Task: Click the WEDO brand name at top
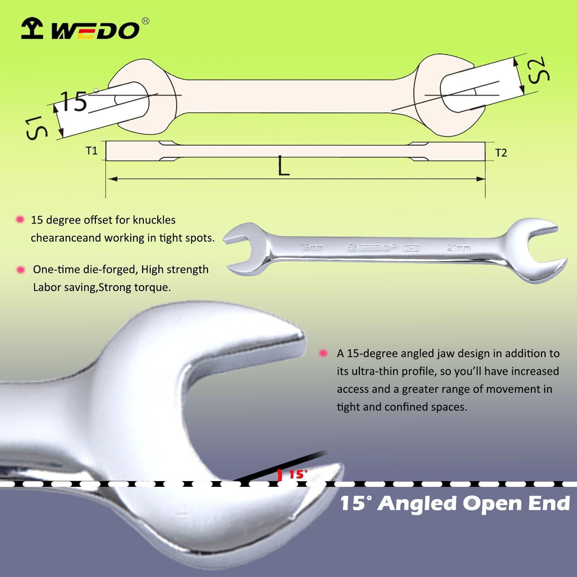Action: [95, 30]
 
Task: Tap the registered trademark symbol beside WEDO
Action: [145, 21]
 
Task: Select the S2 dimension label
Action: [538, 70]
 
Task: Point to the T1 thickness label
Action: [92, 151]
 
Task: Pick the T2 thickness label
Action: [501, 153]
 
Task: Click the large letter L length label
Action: [284, 167]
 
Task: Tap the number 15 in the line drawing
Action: [74, 101]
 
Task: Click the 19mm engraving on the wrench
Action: [312, 248]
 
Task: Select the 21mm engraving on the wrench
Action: [458, 248]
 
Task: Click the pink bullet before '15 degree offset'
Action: [20, 219]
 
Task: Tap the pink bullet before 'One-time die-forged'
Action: [21, 269]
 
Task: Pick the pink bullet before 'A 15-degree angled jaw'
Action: [323, 353]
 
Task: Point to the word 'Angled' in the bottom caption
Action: [417, 504]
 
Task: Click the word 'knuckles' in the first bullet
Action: [154, 220]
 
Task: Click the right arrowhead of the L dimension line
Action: [481, 179]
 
